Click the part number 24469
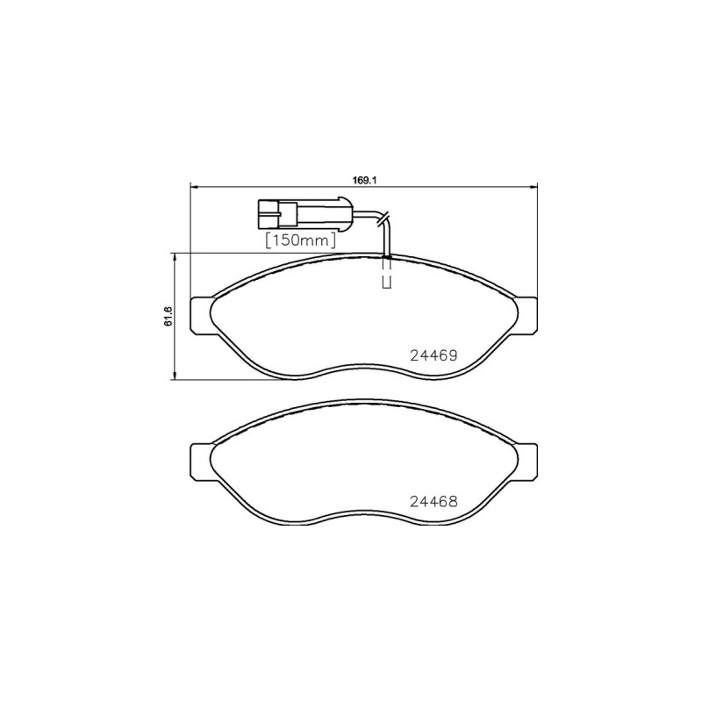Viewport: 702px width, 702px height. pyautogui.click(x=435, y=356)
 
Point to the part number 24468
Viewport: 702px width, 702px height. pyautogui.click(x=435, y=503)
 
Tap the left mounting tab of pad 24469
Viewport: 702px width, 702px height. pyautogui.click(x=201, y=315)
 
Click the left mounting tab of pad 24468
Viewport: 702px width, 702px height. pyautogui.click(x=201, y=462)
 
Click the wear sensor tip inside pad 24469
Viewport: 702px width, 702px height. pyautogui.click(x=386, y=282)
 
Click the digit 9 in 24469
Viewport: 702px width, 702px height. pyautogui.click(x=454, y=356)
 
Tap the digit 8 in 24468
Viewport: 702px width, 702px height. pyautogui.click(x=454, y=503)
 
